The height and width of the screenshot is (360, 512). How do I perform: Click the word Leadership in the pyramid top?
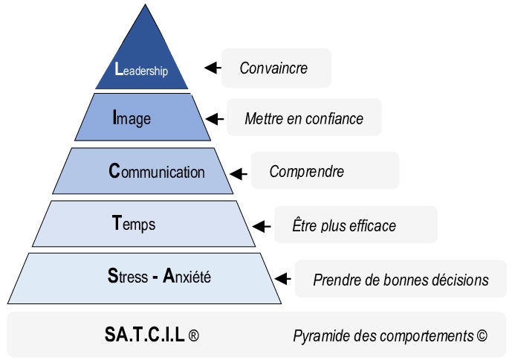141,69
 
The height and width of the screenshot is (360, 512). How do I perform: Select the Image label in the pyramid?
132,118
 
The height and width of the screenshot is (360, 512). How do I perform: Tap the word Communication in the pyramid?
157,171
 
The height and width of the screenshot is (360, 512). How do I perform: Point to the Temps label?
134,225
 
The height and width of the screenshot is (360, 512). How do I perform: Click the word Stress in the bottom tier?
128,276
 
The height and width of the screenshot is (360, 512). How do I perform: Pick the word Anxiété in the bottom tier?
187,276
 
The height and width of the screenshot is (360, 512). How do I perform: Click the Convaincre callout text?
273,68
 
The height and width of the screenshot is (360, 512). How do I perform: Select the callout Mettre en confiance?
304,118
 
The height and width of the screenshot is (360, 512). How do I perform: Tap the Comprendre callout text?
307,171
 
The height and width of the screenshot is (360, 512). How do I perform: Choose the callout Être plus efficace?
344,225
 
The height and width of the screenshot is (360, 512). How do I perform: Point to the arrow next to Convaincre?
213,68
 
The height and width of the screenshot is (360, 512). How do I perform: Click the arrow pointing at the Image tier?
215,119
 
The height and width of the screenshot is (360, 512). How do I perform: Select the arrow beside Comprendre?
239,174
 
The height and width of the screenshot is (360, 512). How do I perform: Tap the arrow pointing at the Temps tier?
262,226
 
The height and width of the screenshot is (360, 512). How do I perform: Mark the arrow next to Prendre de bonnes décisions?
283,279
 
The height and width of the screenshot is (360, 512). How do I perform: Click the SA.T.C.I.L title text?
145,335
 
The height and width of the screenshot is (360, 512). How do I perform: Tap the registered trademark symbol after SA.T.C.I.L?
194,335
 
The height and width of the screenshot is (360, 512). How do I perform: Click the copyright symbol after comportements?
482,335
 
